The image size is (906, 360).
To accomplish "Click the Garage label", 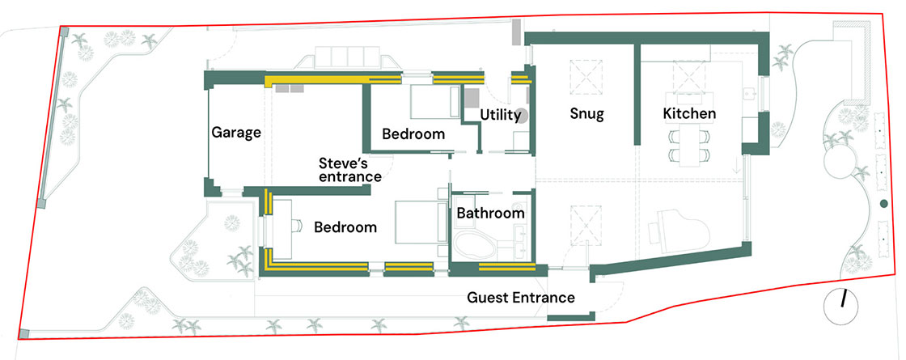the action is [x=236, y=133].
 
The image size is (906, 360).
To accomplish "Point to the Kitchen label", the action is [x=688, y=114].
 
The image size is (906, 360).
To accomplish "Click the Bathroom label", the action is [x=490, y=214].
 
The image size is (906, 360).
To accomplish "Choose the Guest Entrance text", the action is [x=521, y=299].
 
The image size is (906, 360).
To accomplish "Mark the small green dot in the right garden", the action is [x=883, y=203].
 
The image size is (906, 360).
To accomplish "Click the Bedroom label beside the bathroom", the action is [x=345, y=227].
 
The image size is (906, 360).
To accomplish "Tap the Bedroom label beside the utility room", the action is [x=413, y=134].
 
